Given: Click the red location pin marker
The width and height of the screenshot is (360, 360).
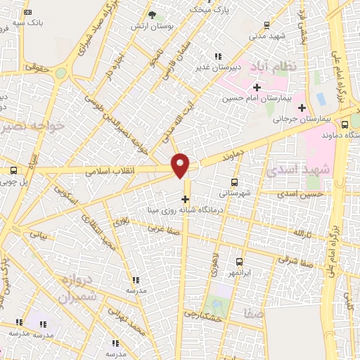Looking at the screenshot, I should (181, 165).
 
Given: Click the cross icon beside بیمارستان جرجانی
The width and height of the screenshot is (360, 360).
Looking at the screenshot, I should (302, 108).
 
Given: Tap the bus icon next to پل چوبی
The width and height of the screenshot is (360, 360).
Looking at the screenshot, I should (13, 170).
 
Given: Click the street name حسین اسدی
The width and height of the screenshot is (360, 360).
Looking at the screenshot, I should (300, 193).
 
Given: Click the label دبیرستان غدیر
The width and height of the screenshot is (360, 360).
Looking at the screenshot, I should (218, 67).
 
